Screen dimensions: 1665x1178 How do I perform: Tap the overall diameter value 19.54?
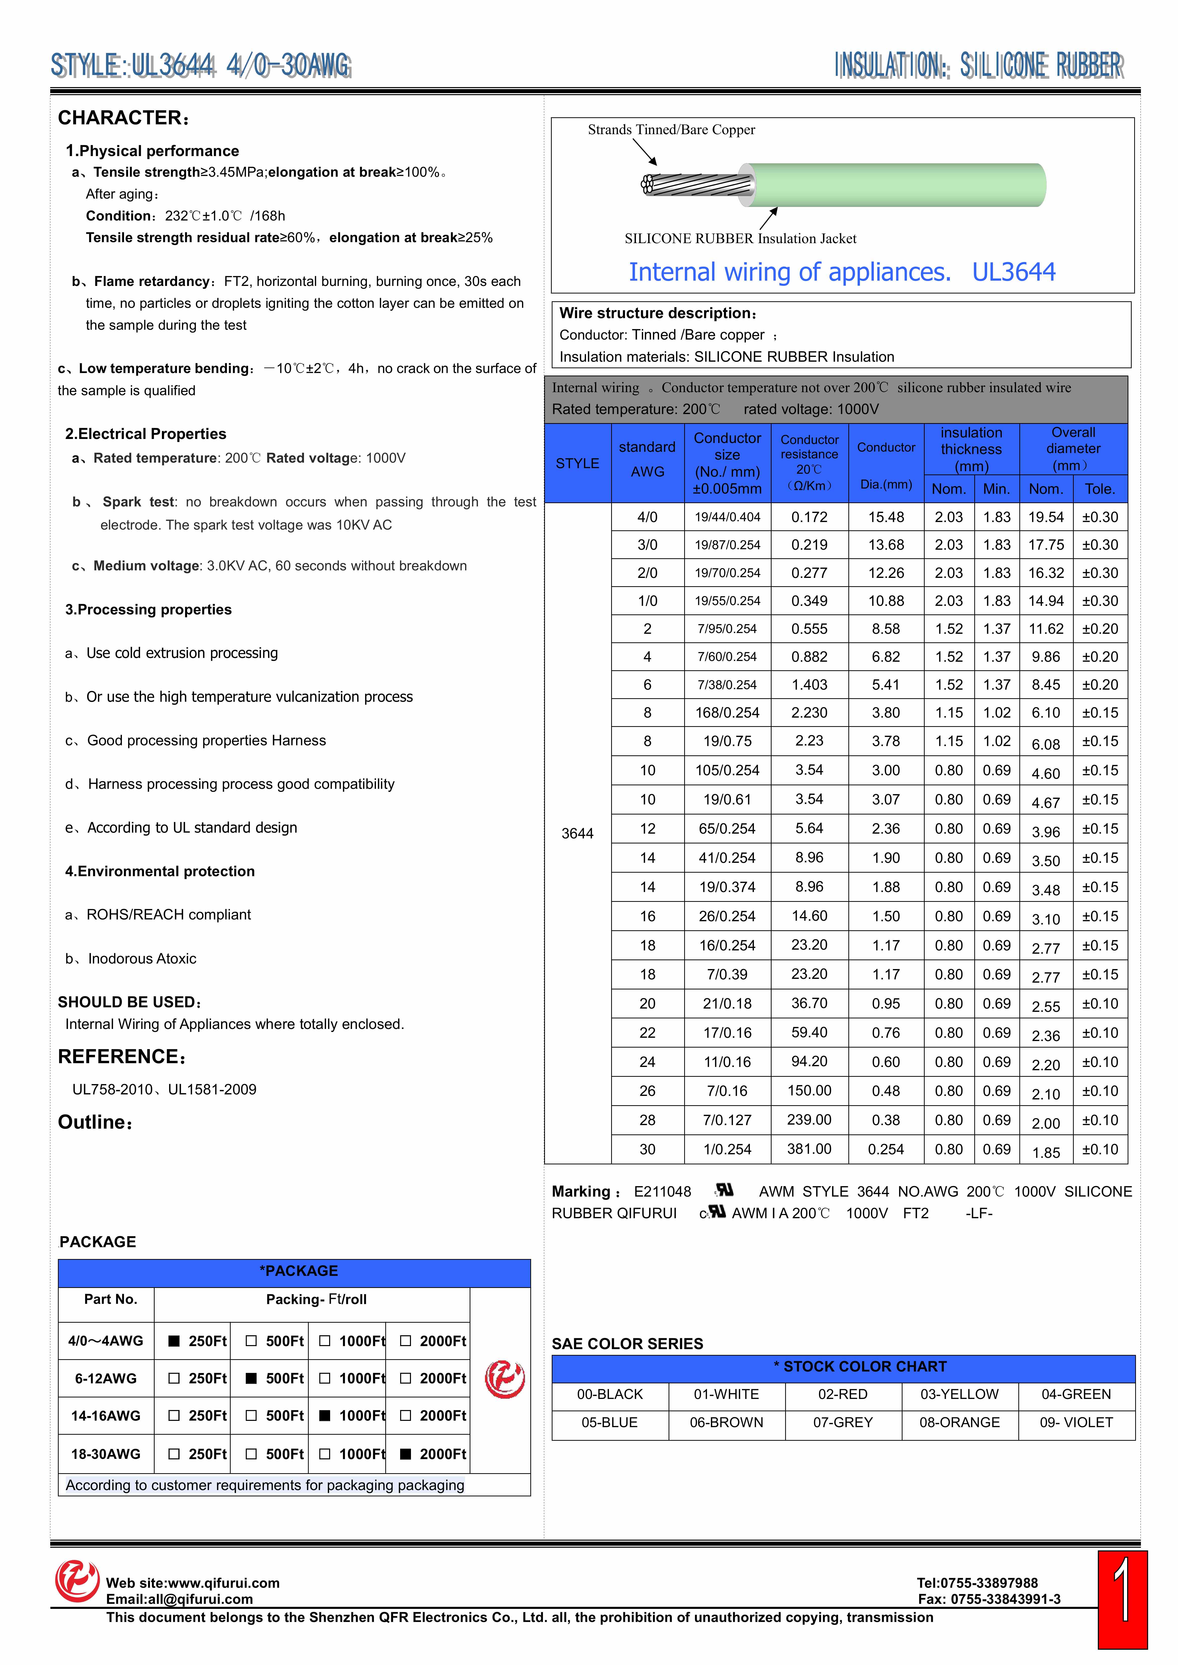click(1045, 517)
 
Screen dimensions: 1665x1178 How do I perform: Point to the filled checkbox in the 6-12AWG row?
click(251, 1379)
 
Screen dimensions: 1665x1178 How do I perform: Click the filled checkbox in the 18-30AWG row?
click(406, 1454)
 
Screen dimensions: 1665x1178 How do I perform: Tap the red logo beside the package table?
click(504, 1379)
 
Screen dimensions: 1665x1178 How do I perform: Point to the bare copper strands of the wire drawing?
click(696, 185)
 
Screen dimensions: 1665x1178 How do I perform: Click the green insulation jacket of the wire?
click(899, 185)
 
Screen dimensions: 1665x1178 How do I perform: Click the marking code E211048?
click(662, 1192)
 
